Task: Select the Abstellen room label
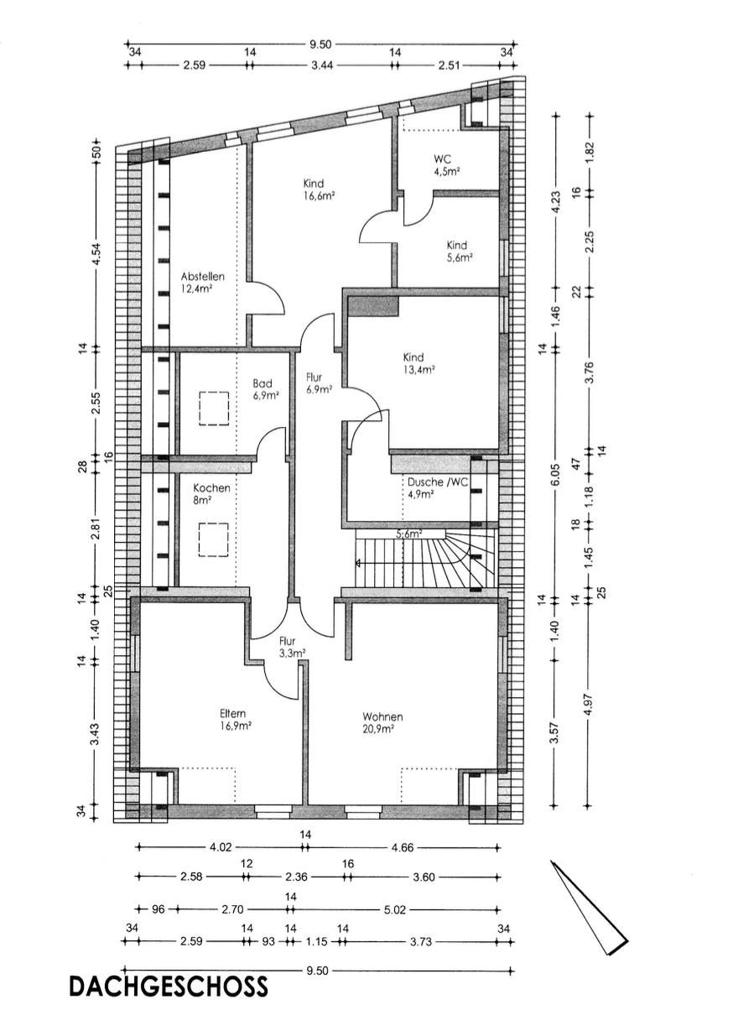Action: click(x=202, y=283)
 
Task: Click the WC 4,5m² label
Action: click(x=445, y=164)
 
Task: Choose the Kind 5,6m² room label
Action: click(x=457, y=251)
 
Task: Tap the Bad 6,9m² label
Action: click(x=266, y=388)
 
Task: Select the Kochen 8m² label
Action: click(x=210, y=493)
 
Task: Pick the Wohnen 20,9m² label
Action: click(x=382, y=722)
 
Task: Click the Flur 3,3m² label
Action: click(x=290, y=645)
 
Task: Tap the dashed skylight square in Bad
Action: click(x=214, y=409)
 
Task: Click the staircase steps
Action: click(x=428, y=560)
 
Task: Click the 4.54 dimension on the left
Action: click(x=96, y=252)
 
